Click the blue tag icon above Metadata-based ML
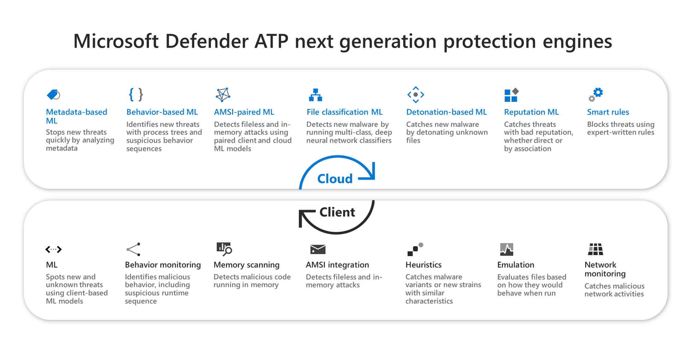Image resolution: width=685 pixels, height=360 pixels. point(53,94)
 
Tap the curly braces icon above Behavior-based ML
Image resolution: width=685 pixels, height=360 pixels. point(136,94)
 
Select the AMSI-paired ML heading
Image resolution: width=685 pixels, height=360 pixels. point(244,112)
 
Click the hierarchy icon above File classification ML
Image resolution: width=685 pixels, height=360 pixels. point(315,95)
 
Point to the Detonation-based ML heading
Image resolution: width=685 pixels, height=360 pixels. point(446,112)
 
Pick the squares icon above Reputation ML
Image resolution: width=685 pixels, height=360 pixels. point(511,95)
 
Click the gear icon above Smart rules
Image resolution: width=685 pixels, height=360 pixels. point(596,94)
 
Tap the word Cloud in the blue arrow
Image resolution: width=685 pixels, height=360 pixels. point(335,179)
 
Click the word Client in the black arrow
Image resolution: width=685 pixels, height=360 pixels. point(337,212)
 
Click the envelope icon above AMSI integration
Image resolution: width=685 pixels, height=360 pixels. point(318,249)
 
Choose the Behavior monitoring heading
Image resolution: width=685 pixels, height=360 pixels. point(163,265)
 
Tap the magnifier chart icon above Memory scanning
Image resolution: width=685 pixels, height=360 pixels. point(224,249)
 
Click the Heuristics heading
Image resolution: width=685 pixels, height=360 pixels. point(423,265)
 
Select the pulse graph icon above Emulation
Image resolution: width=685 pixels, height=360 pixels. point(507,249)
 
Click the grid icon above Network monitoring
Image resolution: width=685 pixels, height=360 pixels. point(595,249)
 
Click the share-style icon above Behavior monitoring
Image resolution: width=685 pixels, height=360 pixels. point(133,249)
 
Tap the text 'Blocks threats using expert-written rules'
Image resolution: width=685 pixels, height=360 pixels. point(620,128)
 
